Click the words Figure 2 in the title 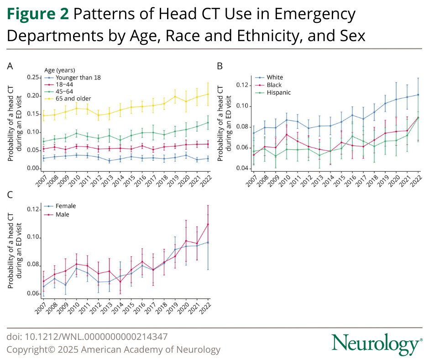tap(37, 15)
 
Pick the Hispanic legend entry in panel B tap(278, 92)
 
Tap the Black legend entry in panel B tap(274, 85)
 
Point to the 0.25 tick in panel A tap(32, 77)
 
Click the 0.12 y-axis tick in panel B tap(243, 85)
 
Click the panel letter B tap(220, 66)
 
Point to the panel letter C tap(10, 195)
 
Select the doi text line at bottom tap(87, 337)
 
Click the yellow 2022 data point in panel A tap(208, 94)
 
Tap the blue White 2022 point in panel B tap(418, 95)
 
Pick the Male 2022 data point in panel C tap(208, 224)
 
